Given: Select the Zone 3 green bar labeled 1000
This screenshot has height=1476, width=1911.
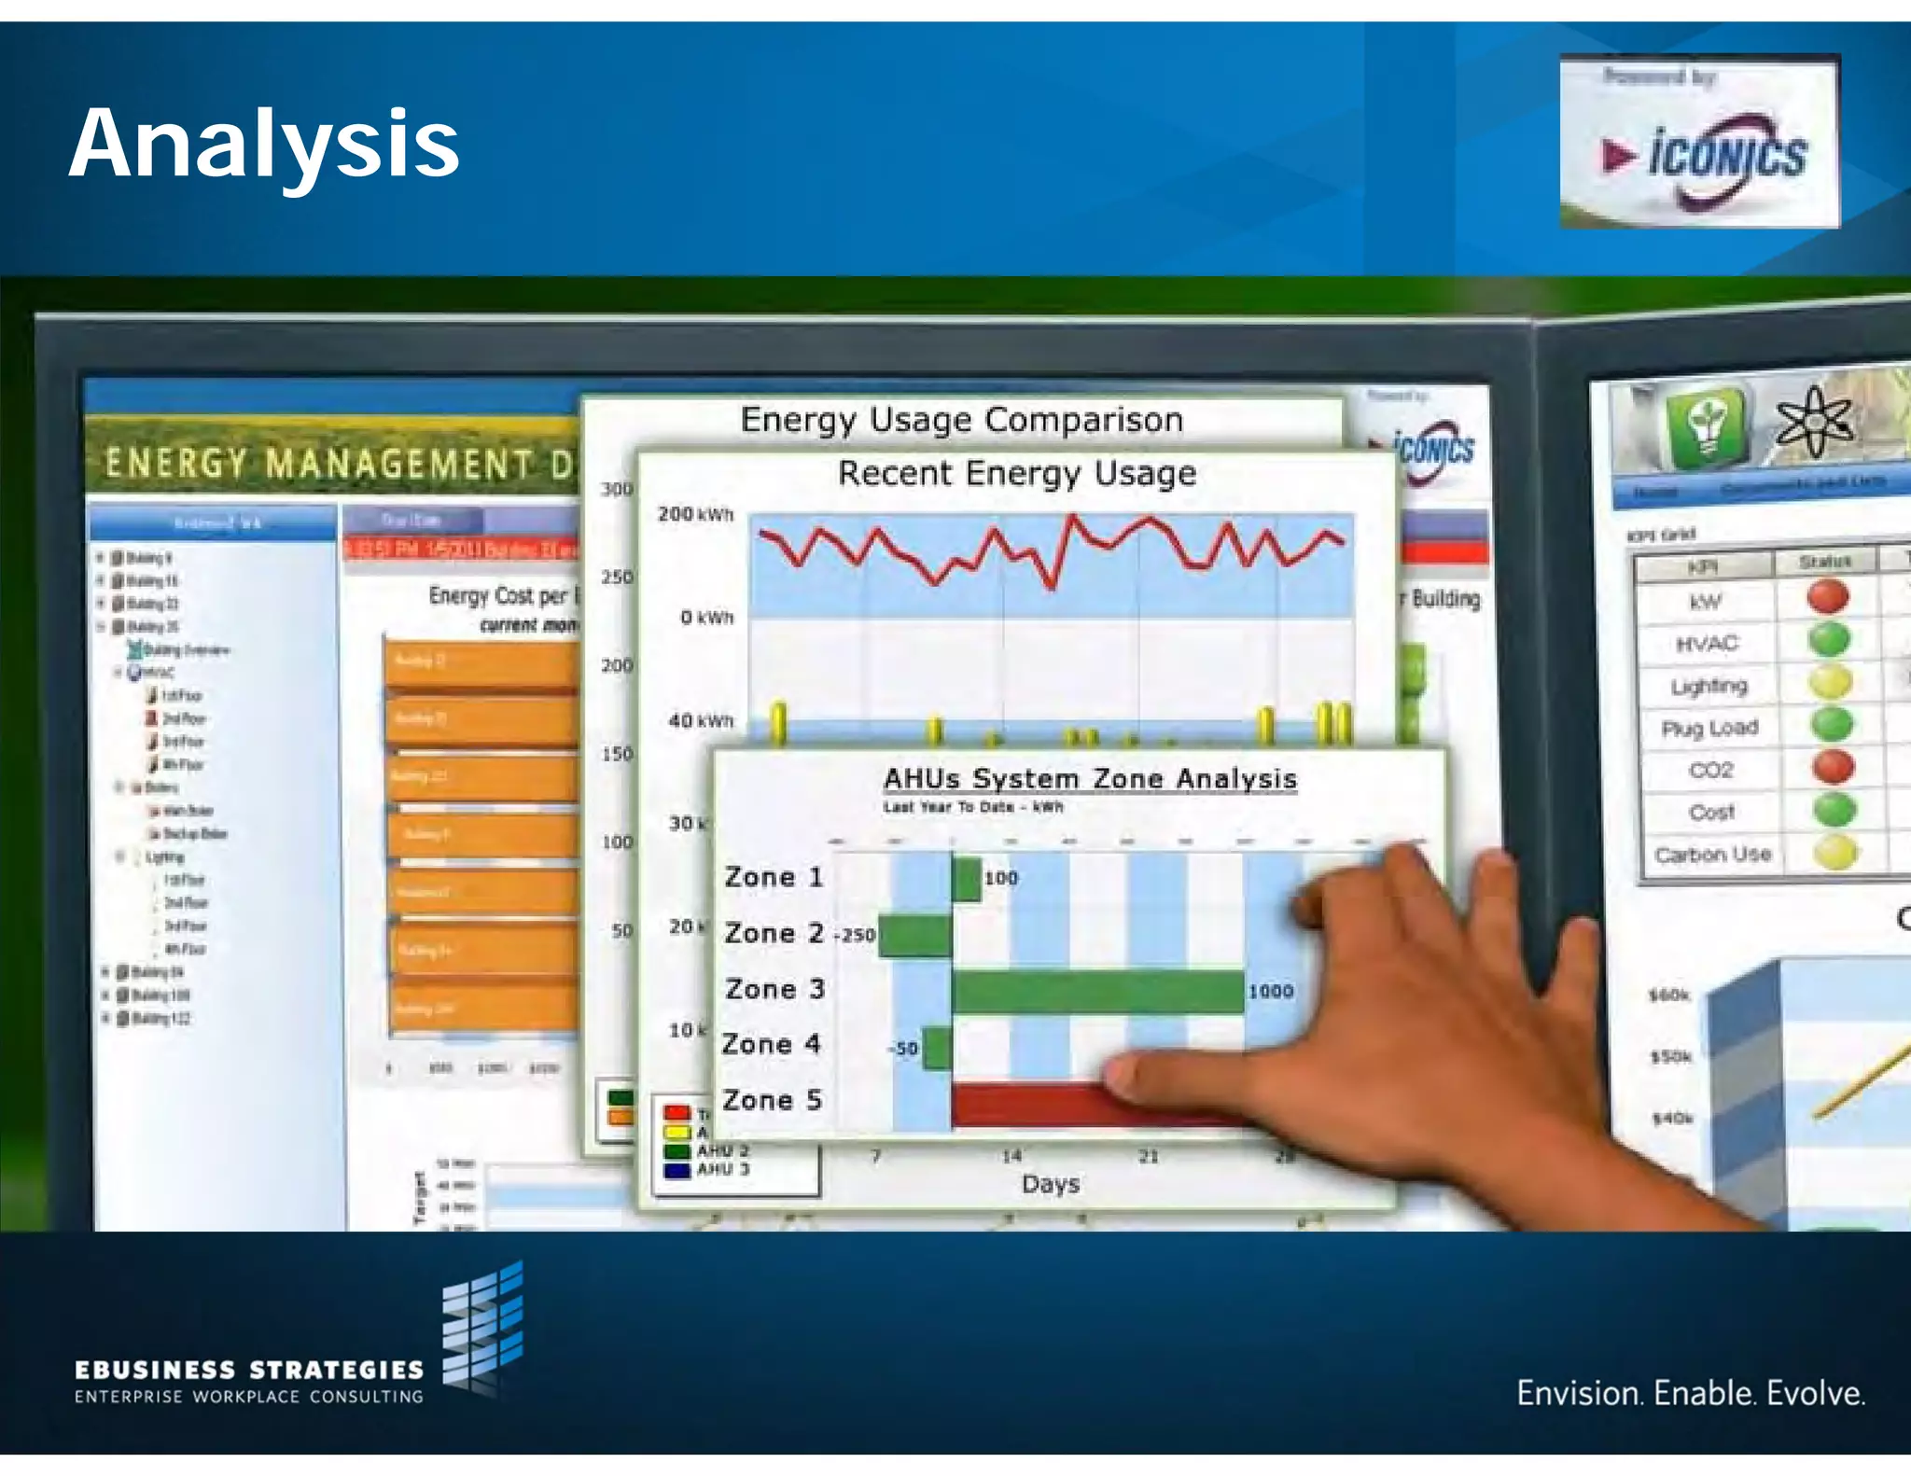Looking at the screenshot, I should click(1097, 991).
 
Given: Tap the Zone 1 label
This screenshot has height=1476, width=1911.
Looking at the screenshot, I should click(774, 877).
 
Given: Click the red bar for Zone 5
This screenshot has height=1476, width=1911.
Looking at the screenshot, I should click(1026, 1104).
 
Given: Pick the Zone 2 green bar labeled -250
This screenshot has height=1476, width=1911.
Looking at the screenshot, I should click(915, 935).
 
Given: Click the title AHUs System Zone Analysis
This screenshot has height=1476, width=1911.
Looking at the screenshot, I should click(1090, 778).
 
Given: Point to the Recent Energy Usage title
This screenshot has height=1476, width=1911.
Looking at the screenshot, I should click(1016, 473).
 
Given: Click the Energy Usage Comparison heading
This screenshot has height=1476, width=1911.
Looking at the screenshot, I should click(961, 420).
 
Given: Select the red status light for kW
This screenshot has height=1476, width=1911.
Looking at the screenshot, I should click(1827, 597).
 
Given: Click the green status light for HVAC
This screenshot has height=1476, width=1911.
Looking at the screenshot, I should click(1829, 640).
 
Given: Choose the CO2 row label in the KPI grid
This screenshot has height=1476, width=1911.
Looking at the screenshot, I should click(1710, 770).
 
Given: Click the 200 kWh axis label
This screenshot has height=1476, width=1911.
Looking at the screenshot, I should click(695, 514).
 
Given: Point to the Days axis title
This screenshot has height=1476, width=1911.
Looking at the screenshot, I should click(1050, 1184).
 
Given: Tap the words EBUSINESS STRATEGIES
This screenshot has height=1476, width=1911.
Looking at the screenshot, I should click(249, 1369).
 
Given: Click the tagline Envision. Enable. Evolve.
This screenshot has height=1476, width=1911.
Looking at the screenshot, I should click(1690, 1393).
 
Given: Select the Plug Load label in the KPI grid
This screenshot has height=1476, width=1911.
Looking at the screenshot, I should click(1709, 728).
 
